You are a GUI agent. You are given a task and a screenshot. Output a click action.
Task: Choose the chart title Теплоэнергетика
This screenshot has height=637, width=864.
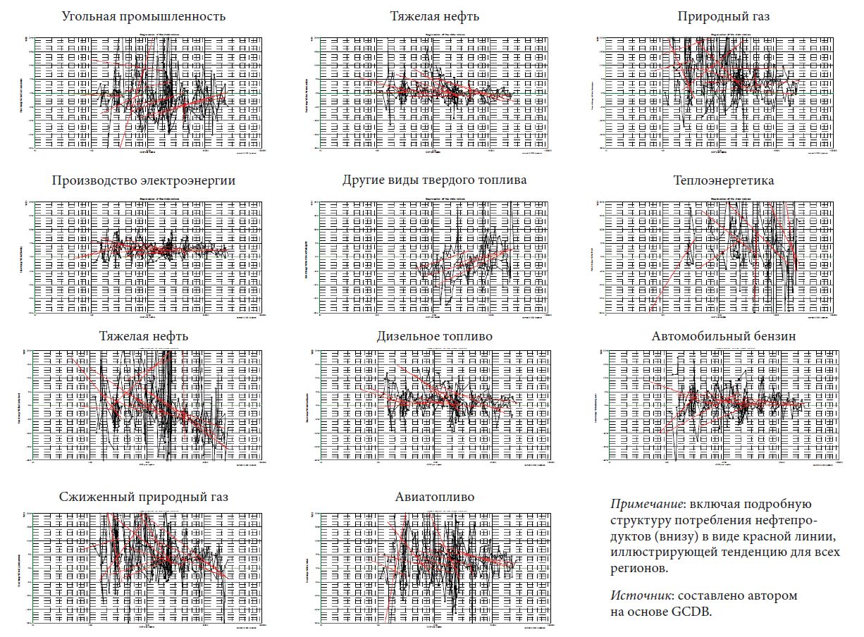pyautogui.click(x=723, y=180)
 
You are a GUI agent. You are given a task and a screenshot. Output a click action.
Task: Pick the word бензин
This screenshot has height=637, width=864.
pyautogui.click(x=772, y=336)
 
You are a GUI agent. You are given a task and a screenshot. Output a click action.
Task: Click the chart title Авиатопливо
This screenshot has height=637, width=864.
pyautogui.click(x=435, y=497)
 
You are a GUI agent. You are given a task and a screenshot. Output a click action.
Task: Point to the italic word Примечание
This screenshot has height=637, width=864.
pyautogui.click(x=648, y=505)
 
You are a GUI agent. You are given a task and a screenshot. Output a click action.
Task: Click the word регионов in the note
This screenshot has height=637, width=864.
pyautogui.click(x=638, y=568)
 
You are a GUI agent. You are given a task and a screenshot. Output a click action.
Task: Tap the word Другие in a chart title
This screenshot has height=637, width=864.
pyautogui.click(x=364, y=180)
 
